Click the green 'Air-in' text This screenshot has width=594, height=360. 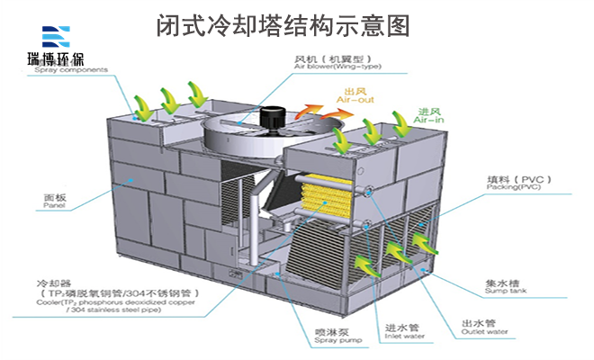(429, 119)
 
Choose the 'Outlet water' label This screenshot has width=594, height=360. (485, 332)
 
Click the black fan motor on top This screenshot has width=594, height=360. (270, 116)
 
